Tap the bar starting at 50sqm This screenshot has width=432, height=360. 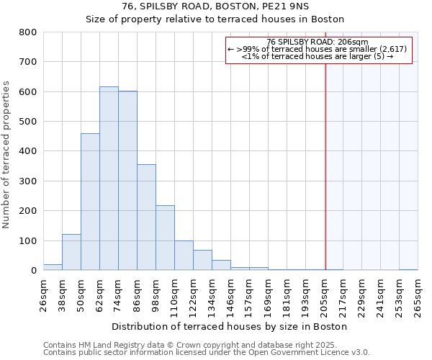pyautogui.click(x=90, y=202)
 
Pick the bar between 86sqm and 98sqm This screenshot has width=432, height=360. pyautogui.click(x=146, y=217)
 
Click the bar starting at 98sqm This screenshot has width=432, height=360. pyautogui.click(x=165, y=238)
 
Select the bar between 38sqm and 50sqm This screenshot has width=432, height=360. pyautogui.click(x=71, y=252)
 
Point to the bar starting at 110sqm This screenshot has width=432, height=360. pyautogui.click(x=184, y=256)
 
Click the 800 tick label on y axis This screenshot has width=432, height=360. pyautogui.click(x=28, y=32)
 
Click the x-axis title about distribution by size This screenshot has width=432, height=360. pyautogui.click(x=230, y=326)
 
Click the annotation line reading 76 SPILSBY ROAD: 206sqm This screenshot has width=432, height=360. pyautogui.click(x=317, y=42)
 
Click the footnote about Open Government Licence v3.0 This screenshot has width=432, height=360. pyautogui.click(x=207, y=353)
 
